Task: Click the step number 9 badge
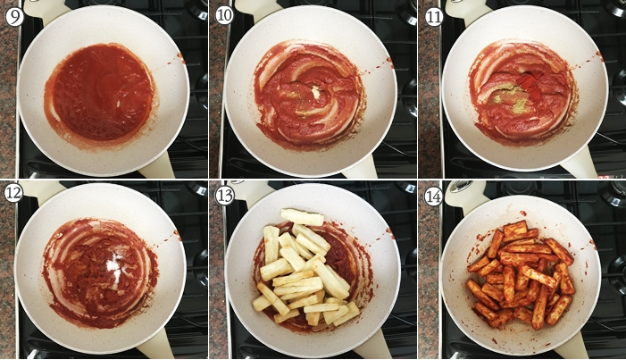[14, 17]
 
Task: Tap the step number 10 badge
[224, 16]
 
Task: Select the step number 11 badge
[434, 17]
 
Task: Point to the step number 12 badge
[13, 193]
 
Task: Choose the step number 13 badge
[224, 196]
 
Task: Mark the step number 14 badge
[434, 197]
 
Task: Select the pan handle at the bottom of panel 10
[359, 166]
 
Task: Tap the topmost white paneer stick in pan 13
[302, 217]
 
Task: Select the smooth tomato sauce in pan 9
[103, 93]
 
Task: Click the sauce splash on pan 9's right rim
[180, 59]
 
